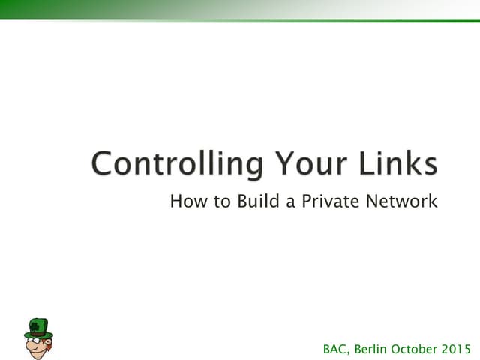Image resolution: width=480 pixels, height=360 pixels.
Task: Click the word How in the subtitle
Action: click(184, 201)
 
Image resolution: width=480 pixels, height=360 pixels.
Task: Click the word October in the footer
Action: click(420, 348)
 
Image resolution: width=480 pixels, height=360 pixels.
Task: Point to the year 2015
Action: click(462, 348)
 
